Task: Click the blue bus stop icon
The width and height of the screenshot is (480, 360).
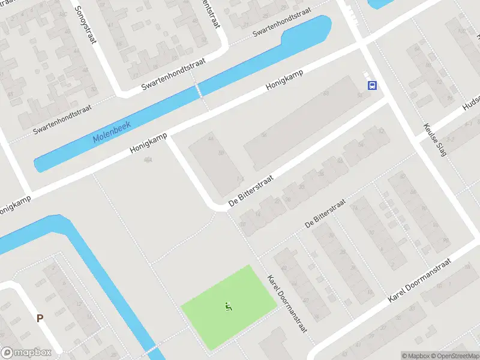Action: (372, 85)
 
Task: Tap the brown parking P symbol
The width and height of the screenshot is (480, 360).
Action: (40, 319)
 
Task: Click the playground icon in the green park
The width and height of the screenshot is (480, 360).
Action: (228, 307)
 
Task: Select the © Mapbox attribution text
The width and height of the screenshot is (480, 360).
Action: (416, 356)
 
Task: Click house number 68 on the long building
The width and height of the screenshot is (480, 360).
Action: (326, 94)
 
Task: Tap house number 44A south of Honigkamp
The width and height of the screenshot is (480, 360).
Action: (148, 160)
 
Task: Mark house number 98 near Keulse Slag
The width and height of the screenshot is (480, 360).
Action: (445, 239)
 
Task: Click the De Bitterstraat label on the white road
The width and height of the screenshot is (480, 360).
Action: (251, 191)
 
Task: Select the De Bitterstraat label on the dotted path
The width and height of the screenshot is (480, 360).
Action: (325, 214)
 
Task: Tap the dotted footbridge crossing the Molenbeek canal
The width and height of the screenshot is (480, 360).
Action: (198, 91)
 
